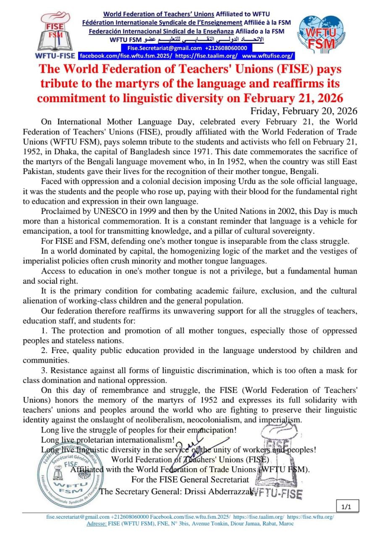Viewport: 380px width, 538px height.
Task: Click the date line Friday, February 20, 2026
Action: tap(304, 111)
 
